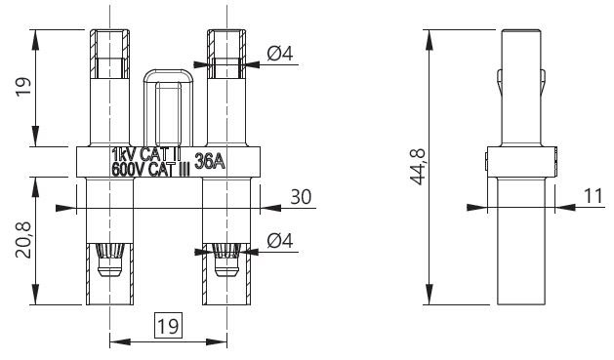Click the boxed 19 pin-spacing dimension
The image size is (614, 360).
pyautogui.click(x=168, y=325)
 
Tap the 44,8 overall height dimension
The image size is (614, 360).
pyautogui.click(x=418, y=167)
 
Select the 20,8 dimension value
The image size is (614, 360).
pyautogui.click(x=23, y=240)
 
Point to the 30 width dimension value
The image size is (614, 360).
pyautogui.click(x=301, y=197)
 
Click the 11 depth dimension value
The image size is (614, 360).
pyautogui.click(x=594, y=196)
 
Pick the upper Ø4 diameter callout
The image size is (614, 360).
pyautogui.click(x=280, y=54)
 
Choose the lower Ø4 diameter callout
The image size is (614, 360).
pyautogui.click(x=280, y=241)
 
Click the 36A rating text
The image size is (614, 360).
pyautogui.click(x=210, y=161)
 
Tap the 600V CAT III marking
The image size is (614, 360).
pyautogui.click(x=150, y=170)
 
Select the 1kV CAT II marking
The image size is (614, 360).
pyautogui.click(x=146, y=154)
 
